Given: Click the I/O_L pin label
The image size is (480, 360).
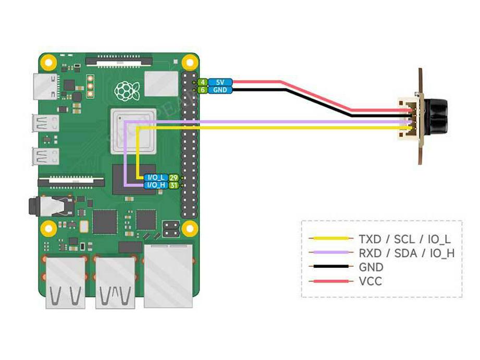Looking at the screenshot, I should (x=156, y=178).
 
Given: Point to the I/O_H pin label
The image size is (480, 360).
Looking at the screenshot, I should (x=156, y=185).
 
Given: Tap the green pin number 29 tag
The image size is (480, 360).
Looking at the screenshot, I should (x=174, y=178).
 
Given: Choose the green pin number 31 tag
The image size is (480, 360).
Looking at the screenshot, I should (x=174, y=185).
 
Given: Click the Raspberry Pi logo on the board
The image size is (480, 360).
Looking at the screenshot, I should (x=124, y=91).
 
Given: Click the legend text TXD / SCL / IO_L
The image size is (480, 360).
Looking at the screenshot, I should (x=404, y=239).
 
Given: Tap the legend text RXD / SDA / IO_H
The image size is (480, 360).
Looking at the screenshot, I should (x=407, y=253).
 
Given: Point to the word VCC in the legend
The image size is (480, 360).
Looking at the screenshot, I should (x=370, y=282).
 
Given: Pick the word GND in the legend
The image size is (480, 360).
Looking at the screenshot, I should (x=371, y=268).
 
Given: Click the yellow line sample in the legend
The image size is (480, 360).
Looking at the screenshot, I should (x=329, y=239).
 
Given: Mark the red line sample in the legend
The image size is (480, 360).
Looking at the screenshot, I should (x=329, y=282).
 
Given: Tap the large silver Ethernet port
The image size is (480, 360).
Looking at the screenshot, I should (x=167, y=275).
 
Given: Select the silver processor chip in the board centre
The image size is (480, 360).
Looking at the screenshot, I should (x=133, y=131).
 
